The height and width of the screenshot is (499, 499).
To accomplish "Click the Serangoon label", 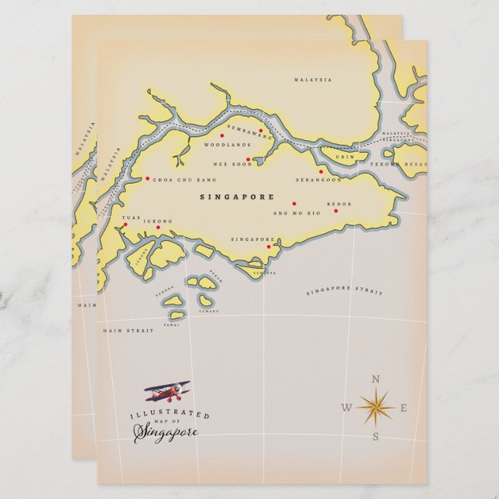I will point(318,180).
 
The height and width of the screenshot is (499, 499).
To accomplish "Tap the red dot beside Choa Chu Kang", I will point(147,179).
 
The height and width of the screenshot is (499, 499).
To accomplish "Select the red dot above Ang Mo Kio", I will point(294,204).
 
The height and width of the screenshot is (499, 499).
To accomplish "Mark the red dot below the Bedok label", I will point(336,210).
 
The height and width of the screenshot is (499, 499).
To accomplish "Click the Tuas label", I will point(132,218).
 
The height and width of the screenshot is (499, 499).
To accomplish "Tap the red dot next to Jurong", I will point(158,228).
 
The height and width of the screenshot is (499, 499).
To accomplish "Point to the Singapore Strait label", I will point(344,292).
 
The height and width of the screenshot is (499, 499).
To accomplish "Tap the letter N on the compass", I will point(376,379).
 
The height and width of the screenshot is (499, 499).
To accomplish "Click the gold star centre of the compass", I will point(376,408).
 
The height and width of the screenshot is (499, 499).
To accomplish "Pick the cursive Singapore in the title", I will point(166,432).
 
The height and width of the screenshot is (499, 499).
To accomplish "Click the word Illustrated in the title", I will point(159,415).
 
